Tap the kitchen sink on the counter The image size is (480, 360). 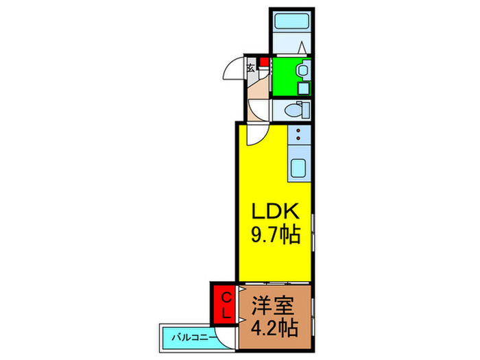coord(299,168)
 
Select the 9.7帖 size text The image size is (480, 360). coord(275,236)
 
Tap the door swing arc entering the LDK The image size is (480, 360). coord(255,135)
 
